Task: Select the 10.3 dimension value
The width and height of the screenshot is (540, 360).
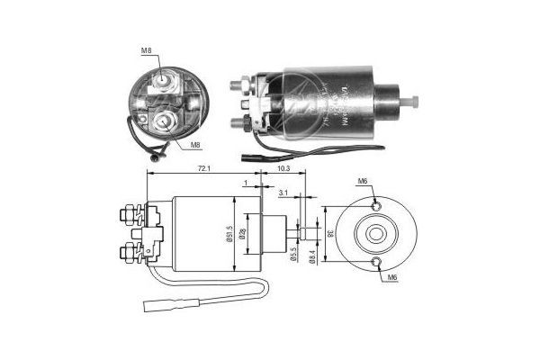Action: click(283, 169)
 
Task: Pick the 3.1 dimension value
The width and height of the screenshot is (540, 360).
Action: click(283, 193)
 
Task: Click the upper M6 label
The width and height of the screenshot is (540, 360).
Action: click(363, 182)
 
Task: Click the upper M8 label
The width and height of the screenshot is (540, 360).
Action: click(146, 51)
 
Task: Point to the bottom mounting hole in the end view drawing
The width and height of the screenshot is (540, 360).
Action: click(377, 262)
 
